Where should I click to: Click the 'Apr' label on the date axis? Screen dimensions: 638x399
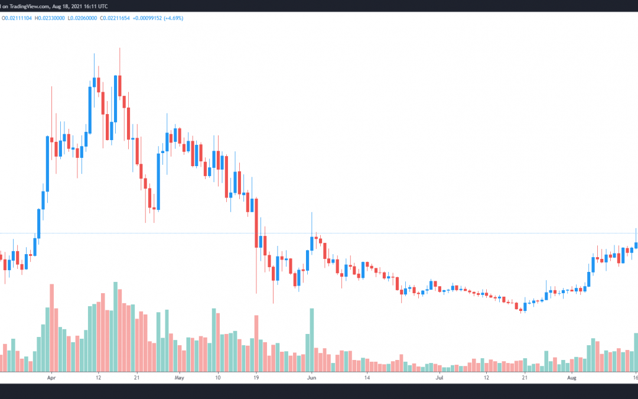(x=51, y=378)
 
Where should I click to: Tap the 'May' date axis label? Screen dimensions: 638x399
(x=179, y=378)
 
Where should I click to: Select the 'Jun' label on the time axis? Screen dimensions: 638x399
(x=312, y=378)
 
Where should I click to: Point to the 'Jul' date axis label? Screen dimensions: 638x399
(x=440, y=378)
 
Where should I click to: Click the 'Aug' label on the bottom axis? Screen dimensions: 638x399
(x=572, y=378)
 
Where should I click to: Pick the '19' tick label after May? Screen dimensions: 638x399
(x=256, y=378)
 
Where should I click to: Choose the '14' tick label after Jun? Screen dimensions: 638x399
(x=367, y=378)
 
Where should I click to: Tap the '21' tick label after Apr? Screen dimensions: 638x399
(x=136, y=378)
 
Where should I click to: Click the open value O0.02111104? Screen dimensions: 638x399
(x=17, y=18)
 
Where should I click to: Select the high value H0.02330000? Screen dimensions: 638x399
(x=50, y=18)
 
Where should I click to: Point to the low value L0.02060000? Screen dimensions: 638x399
(x=82, y=18)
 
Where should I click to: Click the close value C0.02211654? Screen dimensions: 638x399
(x=115, y=18)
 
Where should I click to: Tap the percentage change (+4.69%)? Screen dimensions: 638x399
(x=173, y=18)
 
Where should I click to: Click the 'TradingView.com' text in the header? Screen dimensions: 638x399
(x=30, y=7)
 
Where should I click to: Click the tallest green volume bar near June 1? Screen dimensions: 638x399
(x=312, y=340)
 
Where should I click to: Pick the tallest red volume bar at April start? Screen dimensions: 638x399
(x=51, y=327)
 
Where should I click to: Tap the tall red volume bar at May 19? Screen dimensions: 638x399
(x=256, y=343)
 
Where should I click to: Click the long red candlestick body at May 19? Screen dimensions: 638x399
(x=256, y=223)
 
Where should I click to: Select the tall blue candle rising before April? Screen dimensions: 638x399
(x=48, y=164)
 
